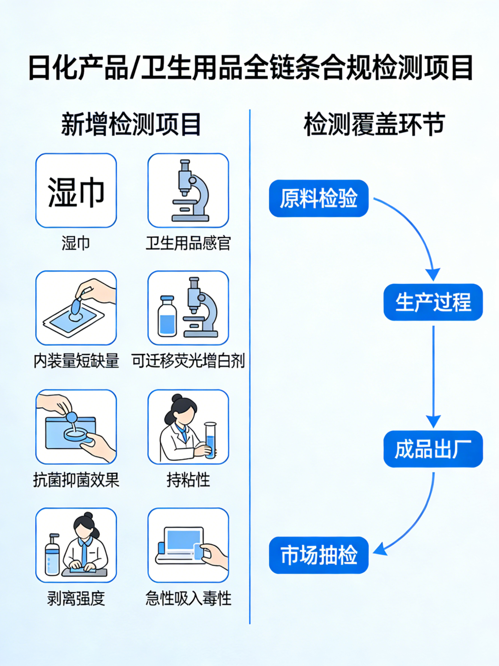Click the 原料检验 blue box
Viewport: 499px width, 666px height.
[x=318, y=198]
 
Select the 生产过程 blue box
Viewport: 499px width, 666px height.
[x=433, y=302]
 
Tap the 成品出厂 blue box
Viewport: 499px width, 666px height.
[x=433, y=449]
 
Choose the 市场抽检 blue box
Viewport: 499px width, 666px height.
[x=318, y=555]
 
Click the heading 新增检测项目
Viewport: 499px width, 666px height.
[x=131, y=124]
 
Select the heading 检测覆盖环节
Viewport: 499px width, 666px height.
[x=374, y=124]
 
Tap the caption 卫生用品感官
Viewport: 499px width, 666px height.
[x=188, y=243]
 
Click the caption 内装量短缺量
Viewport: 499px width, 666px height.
[x=76, y=361]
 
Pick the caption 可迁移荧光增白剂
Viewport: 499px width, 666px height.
[x=188, y=361]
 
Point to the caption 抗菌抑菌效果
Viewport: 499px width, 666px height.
[x=76, y=480]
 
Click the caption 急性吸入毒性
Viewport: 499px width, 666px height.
[x=188, y=598]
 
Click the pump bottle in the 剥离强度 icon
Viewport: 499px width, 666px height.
[x=52, y=555]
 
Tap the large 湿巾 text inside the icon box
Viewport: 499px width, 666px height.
[x=76, y=192]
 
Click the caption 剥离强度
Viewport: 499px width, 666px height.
[x=76, y=598]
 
